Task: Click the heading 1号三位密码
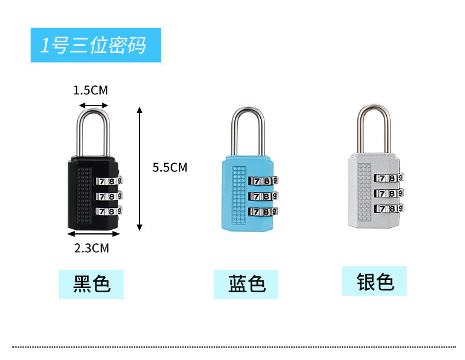(94, 45)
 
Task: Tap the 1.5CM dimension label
(91, 90)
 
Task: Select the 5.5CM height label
(170, 167)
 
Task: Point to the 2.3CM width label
(92, 248)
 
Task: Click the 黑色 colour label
(92, 284)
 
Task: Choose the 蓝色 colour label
(247, 284)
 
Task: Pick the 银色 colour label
(374, 281)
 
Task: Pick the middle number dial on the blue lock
(263, 196)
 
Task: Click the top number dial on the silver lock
(388, 178)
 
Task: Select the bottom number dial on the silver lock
(388, 208)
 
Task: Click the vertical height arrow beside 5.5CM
(139, 169)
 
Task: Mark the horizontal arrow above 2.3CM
(92, 235)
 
